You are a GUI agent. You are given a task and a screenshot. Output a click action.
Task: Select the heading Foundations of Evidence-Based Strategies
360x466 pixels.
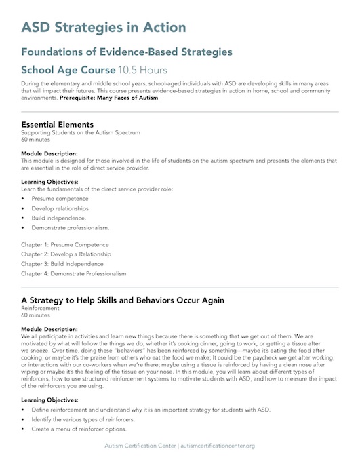[127, 52]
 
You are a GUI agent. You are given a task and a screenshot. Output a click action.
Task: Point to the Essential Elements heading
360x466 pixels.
[57, 125]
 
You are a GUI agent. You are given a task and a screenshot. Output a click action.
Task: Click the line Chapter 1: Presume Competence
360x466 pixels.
[64, 244]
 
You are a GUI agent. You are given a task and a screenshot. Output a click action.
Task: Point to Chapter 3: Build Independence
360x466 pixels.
[62, 263]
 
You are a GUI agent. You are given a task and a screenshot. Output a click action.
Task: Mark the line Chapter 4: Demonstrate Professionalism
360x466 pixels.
[73, 273]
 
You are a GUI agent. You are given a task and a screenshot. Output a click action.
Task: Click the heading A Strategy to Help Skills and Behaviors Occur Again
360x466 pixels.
[132, 300]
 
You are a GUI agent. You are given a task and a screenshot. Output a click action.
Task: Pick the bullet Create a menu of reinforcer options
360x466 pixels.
[84, 429]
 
